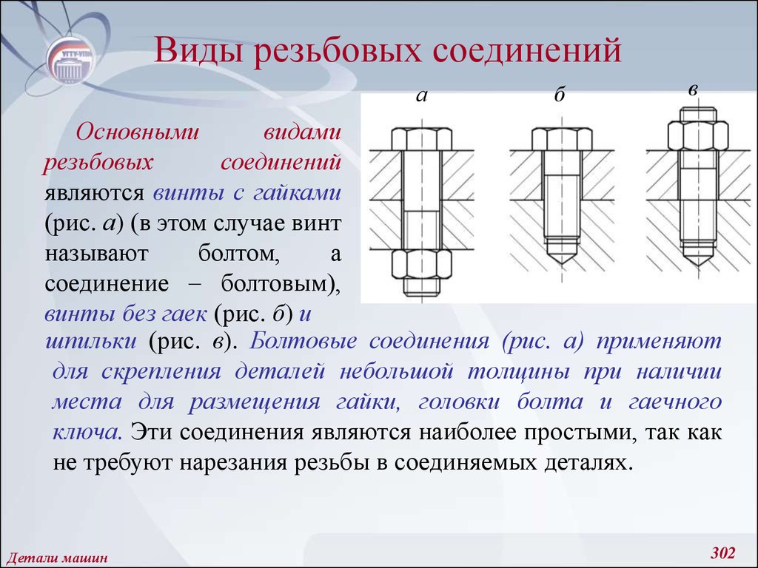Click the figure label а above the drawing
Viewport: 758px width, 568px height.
point(421,96)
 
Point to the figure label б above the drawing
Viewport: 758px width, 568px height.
point(560,94)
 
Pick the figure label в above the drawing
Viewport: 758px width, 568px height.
point(693,89)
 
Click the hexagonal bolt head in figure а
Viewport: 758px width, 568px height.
point(421,139)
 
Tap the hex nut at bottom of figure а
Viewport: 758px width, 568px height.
point(421,264)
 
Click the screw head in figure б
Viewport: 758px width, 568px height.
point(561,139)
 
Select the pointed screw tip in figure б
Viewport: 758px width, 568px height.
point(561,252)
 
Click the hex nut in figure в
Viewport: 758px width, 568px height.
point(698,136)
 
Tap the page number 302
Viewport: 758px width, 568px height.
point(722,552)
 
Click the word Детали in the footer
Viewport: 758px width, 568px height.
point(27,558)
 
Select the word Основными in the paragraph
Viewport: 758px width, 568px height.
point(137,132)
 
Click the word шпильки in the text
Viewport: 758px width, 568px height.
point(90,342)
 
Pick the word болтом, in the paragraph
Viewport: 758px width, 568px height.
point(239,253)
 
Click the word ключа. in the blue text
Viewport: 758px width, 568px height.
point(87,432)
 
